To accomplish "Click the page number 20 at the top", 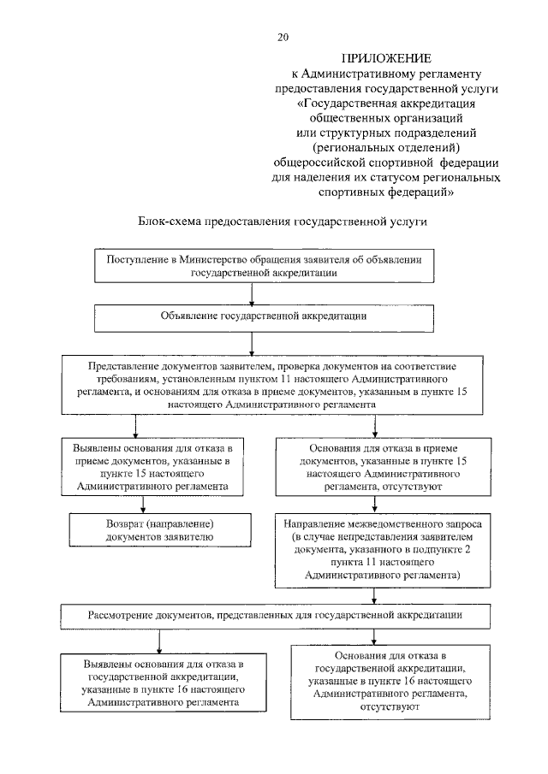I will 283,37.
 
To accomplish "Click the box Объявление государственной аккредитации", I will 251,316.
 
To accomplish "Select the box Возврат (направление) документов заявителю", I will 160,529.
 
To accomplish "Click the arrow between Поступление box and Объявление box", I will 252,293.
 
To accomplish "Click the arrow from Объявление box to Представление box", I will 252,342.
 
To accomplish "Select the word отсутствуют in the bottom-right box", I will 377,708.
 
